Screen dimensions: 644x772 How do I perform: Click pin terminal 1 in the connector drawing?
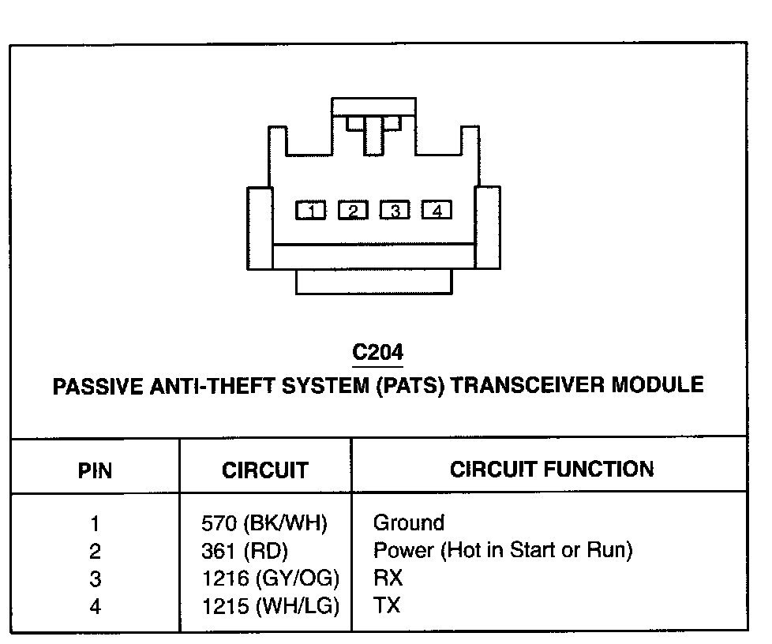tap(311, 211)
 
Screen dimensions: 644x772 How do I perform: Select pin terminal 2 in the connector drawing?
tap(353, 211)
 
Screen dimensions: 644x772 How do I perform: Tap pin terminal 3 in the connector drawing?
tap(395, 211)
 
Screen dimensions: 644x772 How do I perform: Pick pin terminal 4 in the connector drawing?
tap(437, 211)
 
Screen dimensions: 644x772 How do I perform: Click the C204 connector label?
tap(378, 351)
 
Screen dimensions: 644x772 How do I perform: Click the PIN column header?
tap(95, 471)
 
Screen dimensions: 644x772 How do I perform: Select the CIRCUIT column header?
tap(264, 471)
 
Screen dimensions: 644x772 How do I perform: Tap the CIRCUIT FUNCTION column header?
tap(552, 469)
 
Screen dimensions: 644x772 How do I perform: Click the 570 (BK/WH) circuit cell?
tap(264, 523)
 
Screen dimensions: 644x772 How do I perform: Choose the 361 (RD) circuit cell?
tap(245, 551)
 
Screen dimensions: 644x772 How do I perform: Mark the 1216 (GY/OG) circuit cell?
tap(270, 578)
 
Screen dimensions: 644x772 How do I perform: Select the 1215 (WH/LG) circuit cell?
tap(270, 606)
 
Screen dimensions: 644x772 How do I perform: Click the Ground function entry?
tap(408, 522)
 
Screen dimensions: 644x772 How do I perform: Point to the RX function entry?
tap(388, 578)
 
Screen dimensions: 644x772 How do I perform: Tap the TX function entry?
tap(387, 606)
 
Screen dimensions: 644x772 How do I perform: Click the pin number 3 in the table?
tap(95, 578)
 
